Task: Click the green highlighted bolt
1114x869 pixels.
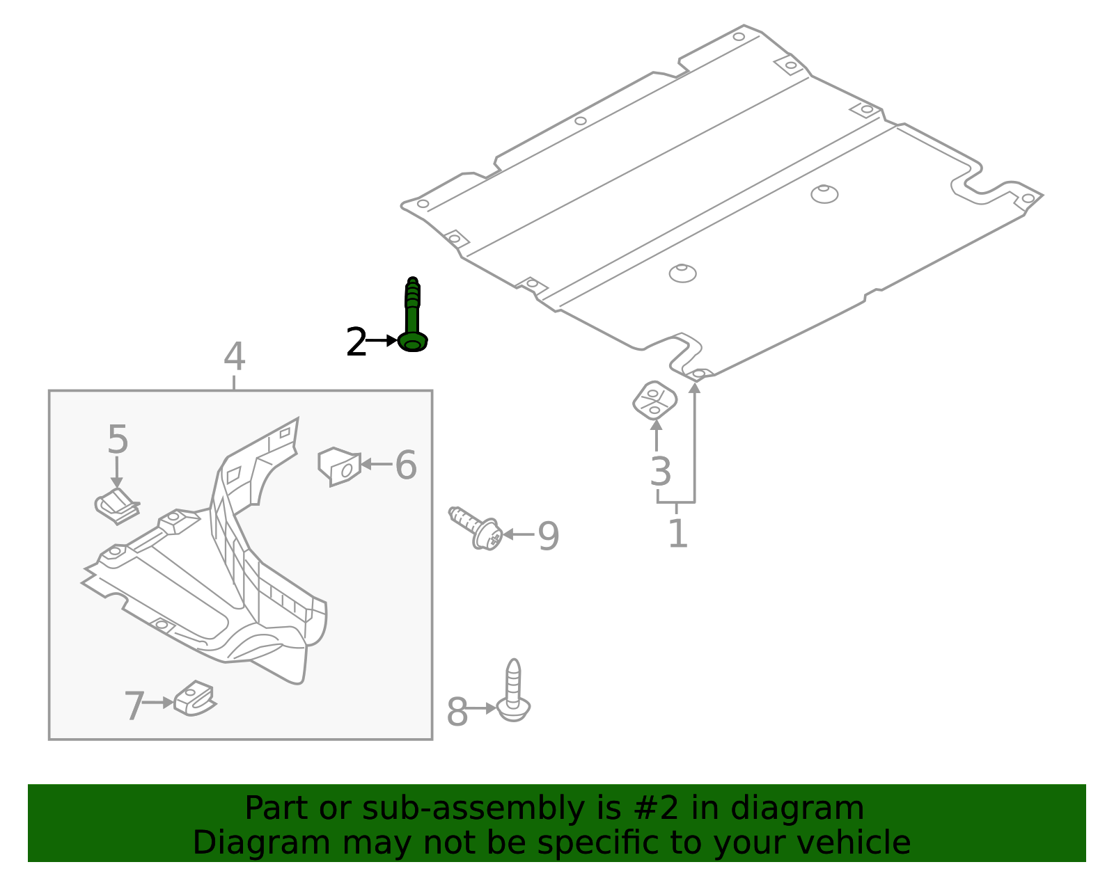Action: click(412, 317)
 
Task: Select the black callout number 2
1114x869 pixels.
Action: click(356, 342)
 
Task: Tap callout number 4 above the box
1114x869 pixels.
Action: click(235, 357)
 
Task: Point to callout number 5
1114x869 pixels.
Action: click(118, 440)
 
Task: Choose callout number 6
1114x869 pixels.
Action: click(406, 465)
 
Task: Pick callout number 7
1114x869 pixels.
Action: click(134, 706)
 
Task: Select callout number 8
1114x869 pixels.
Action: click(457, 712)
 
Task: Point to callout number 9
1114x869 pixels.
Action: click(548, 536)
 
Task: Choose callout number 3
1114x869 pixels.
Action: click(660, 472)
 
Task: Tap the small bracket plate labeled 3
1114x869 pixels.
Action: click(654, 401)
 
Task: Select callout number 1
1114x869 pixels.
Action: click(677, 534)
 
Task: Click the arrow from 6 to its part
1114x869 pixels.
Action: click(376, 464)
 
